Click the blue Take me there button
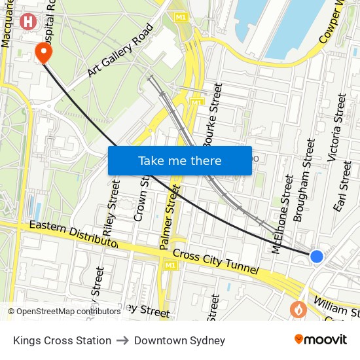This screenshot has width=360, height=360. [179, 161]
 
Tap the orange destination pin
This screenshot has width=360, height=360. [44, 52]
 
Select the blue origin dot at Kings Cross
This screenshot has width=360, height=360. [316, 256]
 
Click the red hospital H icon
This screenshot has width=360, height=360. [27, 22]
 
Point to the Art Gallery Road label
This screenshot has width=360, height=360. [122, 52]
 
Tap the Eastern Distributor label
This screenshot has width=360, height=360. [73, 234]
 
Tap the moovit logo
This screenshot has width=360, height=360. [321, 340]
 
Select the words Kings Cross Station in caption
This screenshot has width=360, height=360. [62, 340]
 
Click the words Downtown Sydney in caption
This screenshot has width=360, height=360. [179, 340]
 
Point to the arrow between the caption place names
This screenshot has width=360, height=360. [122, 340]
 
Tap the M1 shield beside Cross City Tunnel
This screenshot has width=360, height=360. [170, 265]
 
